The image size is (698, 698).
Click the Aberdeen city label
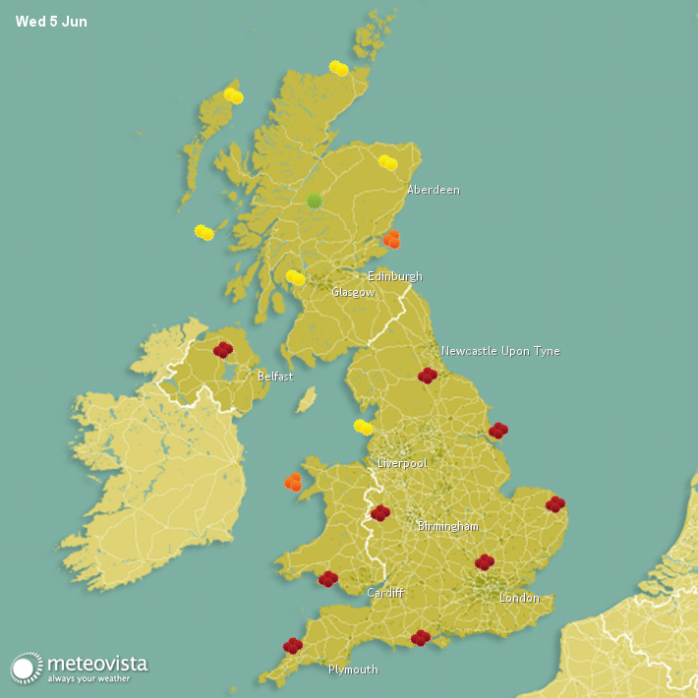click(433, 190)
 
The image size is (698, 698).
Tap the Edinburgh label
click(394, 276)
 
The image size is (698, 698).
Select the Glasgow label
click(352, 292)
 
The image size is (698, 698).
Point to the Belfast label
click(275, 377)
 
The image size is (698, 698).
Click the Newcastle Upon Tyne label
click(499, 351)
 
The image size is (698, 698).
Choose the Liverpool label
click(402, 462)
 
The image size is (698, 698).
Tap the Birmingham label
click(447, 527)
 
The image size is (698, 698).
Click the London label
click(519, 598)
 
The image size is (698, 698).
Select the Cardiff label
click(385, 593)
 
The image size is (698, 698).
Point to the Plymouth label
click(353, 669)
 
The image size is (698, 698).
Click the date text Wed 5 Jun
click(51, 22)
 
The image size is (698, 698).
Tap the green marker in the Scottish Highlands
click(315, 201)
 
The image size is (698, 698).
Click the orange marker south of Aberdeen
click(392, 239)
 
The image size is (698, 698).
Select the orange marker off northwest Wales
click(293, 482)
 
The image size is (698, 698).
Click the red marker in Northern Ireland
click(223, 349)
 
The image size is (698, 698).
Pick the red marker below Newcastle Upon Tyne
click(427, 375)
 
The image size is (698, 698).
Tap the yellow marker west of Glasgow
click(296, 277)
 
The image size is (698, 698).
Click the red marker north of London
click(484, 562)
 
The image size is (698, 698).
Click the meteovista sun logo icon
click(27, 668)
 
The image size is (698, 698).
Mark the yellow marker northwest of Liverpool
click(364, 427)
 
